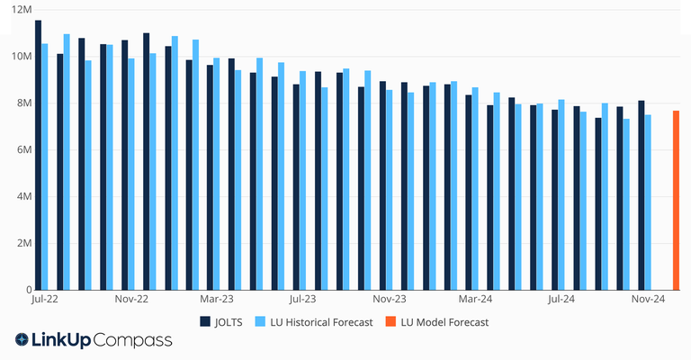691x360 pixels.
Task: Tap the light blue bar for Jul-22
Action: (x=45, y=166)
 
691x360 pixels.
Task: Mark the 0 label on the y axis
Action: (x=29, y=290)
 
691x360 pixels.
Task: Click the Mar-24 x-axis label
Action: (x=474, y=299)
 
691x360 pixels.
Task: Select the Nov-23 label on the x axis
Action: (x=389, y=299)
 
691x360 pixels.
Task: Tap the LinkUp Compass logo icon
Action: (x=22, y=340)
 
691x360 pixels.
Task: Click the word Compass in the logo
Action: (x=133, y=340)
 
